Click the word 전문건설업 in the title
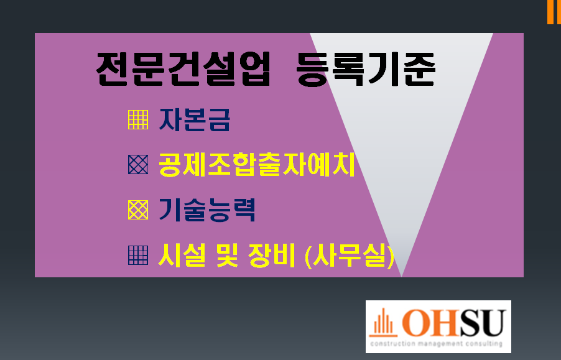[x=183, y=69]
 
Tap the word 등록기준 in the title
[x=366, y=69]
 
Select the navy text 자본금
[x=194, y=119]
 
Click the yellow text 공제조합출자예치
[x=256, y=164]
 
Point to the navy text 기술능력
[x=206, y=210]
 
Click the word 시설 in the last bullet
[x=182, y=256]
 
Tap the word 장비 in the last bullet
[x=272, y=256]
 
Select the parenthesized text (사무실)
[x=350, y=256]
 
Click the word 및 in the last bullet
[x=227, y=256]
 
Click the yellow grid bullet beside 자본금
[x=138, y=119]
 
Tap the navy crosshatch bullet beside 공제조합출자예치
[x=138, y=164]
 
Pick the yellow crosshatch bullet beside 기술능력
[x=138, y=210]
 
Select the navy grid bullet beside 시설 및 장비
[x=138, y=256]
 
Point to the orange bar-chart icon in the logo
[x=383, y=323]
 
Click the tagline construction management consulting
[x=436, y=344]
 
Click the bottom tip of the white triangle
[x=401, y=277]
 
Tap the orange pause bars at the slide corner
[x=554, y=12]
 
